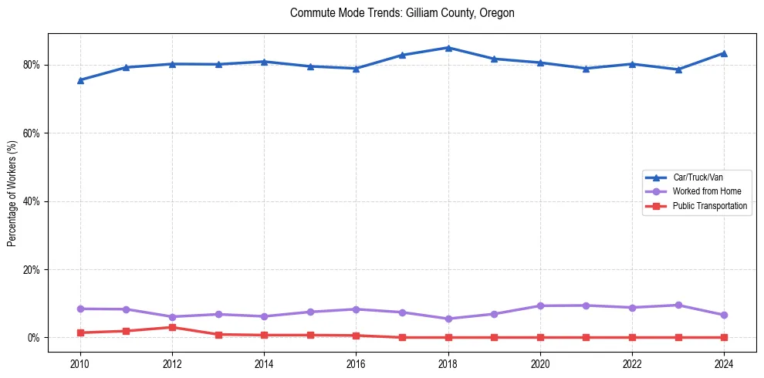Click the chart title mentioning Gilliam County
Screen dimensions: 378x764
pyautogui.click(x=402, y=13)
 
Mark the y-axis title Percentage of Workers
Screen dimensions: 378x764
pyautogui.click(x=12, y=193)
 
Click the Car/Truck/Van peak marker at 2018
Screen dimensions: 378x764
pyautogui.click(x=448, y=48)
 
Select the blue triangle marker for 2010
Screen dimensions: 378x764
pyautogui.click(x=79, y=80)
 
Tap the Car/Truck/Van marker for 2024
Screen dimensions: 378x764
pyautogui.click(x=724, y=53)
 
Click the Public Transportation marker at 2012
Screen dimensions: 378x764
pyautogui.click(x=172, y=328)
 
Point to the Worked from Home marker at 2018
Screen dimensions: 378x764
pyautogui.click(x=448, y=319)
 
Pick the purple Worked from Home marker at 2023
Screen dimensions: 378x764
pyautogui.click(x=678, y=305)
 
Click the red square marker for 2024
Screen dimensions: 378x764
pyautogui.click(x=724, y=337)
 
